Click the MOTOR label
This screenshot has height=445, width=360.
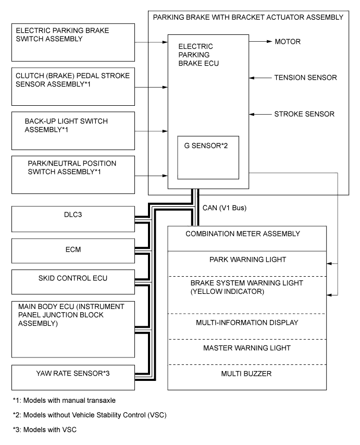tap(287, 41)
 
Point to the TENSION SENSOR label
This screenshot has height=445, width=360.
tap(305, 78)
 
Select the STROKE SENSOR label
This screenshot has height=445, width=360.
tap(304, 114)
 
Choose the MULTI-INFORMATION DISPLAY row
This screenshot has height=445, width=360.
tap(247, 323)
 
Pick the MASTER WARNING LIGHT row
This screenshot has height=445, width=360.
tap(247, 348)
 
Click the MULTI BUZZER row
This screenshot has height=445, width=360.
tap(247, 374)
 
